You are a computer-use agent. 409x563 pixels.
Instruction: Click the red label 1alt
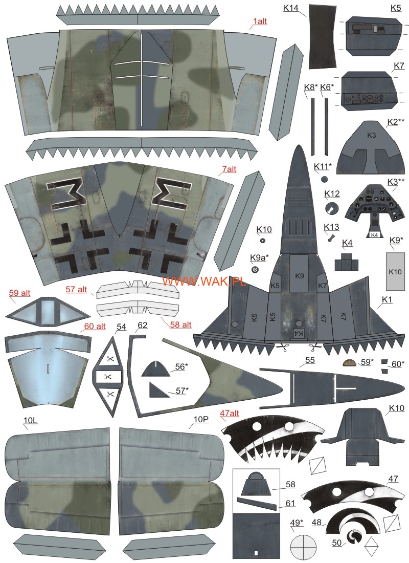[x=260, y=21]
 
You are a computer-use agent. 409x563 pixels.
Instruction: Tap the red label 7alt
[x=229, y=169]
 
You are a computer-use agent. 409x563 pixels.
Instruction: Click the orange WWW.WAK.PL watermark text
[x=204, y=281]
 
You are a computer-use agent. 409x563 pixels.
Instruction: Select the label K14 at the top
[x=290, y=8]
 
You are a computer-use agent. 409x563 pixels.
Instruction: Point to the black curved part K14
[x=323, y=37]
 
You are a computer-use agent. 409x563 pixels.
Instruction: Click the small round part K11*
[x=325, y=179]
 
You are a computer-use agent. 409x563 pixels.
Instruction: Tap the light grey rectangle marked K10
[x=395, y=271]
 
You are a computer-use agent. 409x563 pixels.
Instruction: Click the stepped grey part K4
[x=346, y=262]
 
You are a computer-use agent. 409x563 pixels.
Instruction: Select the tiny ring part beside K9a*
[x=255, y=270]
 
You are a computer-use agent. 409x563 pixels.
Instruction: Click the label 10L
[x=31, y=420]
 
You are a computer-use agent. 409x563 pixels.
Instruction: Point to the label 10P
[x=201, y=419]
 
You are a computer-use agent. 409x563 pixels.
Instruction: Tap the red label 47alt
[x=230, y=413]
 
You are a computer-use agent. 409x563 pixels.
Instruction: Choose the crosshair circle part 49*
[x=303, y=547]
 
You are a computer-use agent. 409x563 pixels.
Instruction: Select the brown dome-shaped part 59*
[x=350, y=363]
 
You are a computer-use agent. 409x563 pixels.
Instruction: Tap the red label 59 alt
[x=20, y=293]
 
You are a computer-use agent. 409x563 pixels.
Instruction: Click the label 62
[x=143, y=326]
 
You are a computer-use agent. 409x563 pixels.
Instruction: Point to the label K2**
[x=396, y=122]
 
